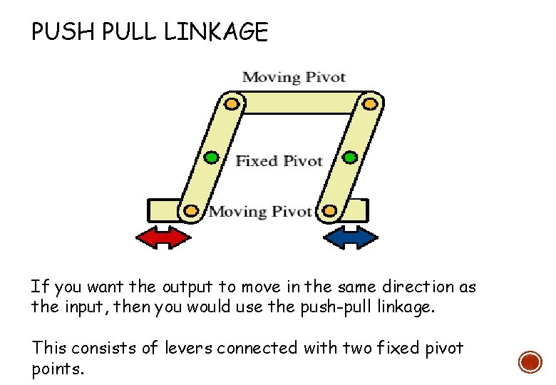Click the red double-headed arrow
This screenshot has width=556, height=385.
point(164,237)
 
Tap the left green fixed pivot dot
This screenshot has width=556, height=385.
point(211,157)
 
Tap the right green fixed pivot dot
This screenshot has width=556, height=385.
point(349,157)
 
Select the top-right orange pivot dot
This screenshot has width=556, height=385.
point(369,103)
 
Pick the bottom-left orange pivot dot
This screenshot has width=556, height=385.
point(191,210)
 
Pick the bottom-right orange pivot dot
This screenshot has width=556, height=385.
point(329,210)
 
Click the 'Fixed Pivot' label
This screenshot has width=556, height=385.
point(279,161)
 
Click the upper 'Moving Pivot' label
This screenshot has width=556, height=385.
point(294,77)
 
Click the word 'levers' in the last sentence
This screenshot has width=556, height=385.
point(189,349)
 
